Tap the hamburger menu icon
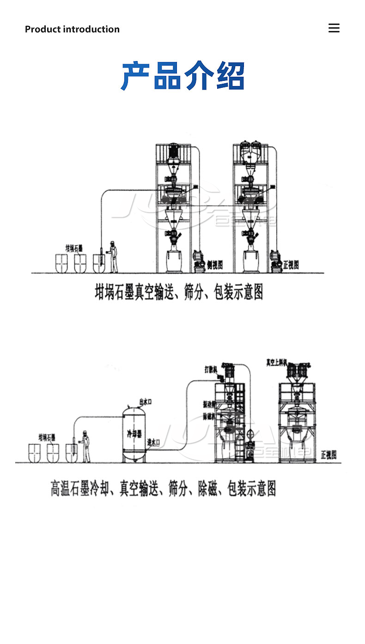tap(334, 28)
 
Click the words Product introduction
tap(72, 29)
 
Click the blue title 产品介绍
tap(182, 76)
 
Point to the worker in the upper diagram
tap(113, 257)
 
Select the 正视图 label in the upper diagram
tap(291, 264)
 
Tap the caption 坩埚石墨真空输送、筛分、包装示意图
tap(179, 292)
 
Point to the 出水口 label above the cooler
tap(146, 401)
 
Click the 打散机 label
tap(211, 369)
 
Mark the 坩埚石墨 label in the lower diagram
tap(47, 437)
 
